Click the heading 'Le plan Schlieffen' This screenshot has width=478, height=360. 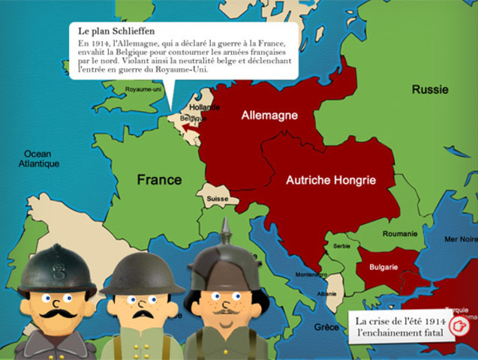(x=116, y=31)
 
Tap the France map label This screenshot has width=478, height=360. (x=159, y=180)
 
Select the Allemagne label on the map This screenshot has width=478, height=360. (x=269, y=115)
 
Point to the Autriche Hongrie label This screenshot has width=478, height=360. (x=330, y=180)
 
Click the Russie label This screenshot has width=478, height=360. (x=430, y=90)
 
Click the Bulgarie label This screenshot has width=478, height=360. (x=383, y=267)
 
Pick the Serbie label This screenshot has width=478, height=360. (x=341, y=247)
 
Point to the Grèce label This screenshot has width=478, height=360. (x=326, y=327)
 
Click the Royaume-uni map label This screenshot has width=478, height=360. (x=144, y=88)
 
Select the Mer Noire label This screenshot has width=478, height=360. (x=459, y=239)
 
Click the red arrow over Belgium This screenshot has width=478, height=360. (x=191, y=130)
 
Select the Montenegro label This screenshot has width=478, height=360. (x=308, y=275)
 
